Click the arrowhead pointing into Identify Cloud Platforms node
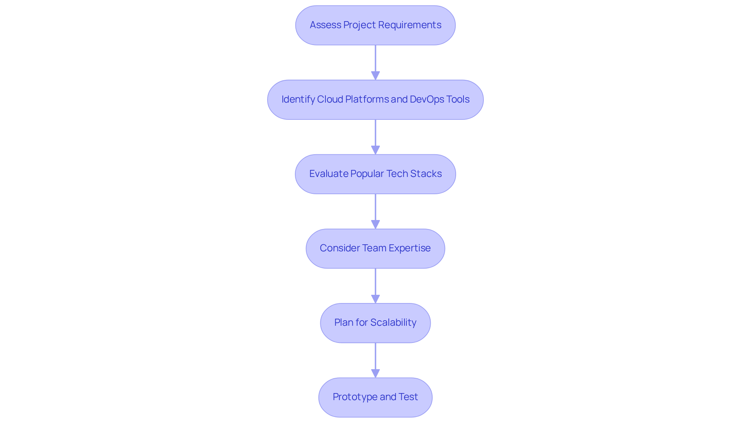point(375,76)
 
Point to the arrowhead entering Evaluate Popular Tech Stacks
point(375,150)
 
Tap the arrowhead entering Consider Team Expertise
point(375,224)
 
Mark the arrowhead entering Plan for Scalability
point(375,299)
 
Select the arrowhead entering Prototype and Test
point(375,373)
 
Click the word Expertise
point(409,248)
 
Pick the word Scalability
point(393,323)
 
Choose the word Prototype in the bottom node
point(355,397)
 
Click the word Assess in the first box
point(325,25)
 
